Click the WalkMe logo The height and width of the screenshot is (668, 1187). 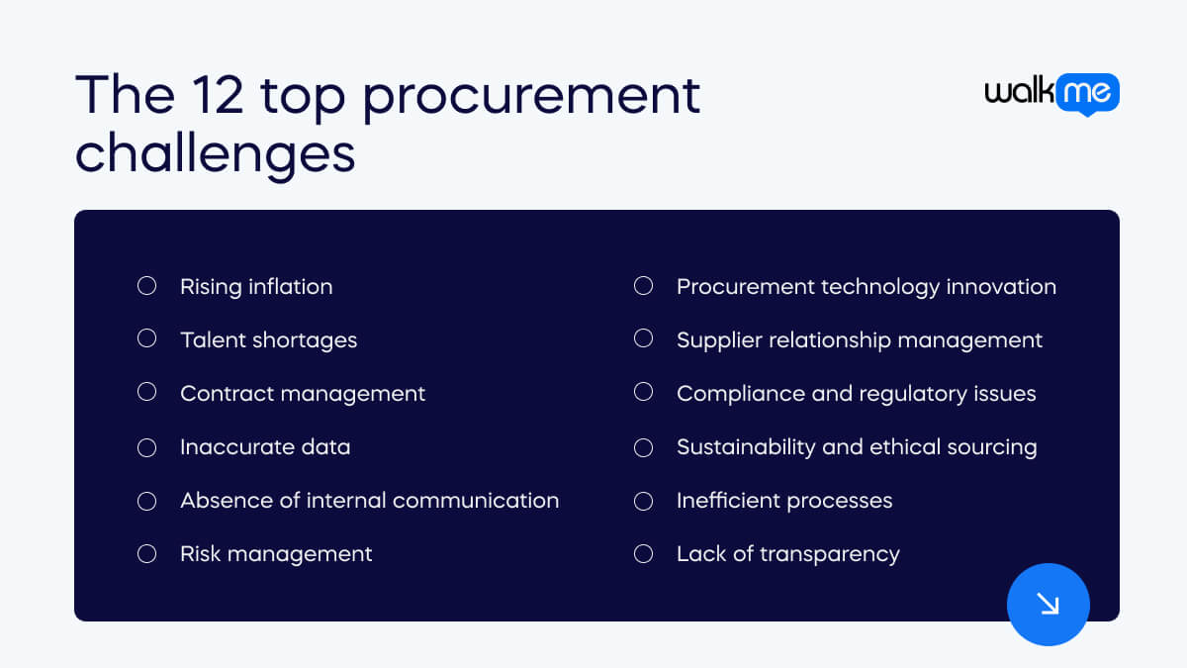pyautogui.click(x=1051, y=94)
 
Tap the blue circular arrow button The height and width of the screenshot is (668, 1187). pyautogui.click(x=1048, y=604)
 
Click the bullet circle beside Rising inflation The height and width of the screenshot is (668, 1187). pyautogui.click(x=146, y=286)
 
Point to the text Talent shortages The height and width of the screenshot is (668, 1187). pyautogui.click(x=268, y=340)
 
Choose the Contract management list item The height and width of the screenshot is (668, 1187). pyautogui.click(x=302, y=394)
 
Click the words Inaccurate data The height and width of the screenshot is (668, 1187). pyautogui.click(x=264, y=447)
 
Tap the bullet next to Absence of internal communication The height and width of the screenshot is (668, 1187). pyautogui.click(x=146, y=501)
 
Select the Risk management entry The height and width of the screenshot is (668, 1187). pyautogui.click(x=275, y=554)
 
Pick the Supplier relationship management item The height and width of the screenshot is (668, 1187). pyautogui.click(x=859, y=340)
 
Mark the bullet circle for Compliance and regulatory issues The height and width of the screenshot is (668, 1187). pyautogui.click(x=643, y=393)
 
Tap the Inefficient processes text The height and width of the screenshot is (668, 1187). pyautogui.click(x=783, y=501)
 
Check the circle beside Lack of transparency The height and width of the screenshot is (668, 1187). pyautogui.click(x=643, y=553)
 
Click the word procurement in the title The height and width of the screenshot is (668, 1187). pyautogui.click(x=530, y=96)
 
